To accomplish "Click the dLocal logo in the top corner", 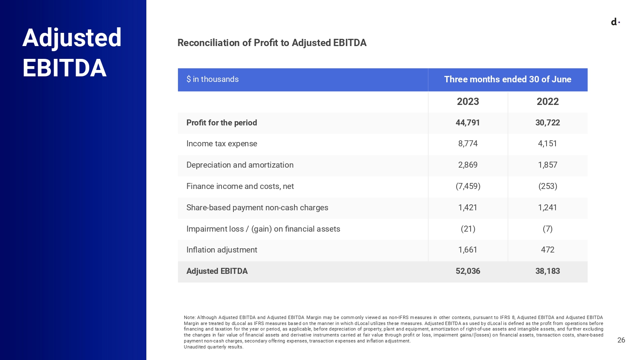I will click(x=615, y=22).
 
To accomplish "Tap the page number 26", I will click(x=621, y=340).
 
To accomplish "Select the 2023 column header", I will click(x=468, y=102).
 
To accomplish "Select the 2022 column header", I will click(x=547, y=102).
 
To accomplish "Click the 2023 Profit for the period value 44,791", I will click(x=468, y=123).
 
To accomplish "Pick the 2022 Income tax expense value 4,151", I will click(x=547, y=144).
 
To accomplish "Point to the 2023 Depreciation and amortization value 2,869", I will click(x=468, y=165).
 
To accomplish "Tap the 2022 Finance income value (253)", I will click(x=547, y=186).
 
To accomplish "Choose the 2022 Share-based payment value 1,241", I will click(x=547, y=208).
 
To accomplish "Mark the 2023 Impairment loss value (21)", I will click(x=468, y=229).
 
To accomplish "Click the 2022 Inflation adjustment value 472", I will click(x=547, y=250).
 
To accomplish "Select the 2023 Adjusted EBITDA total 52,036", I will click(x=468, y=271).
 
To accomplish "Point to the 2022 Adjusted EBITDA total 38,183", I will click(x=547, y=271).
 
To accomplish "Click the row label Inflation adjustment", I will click(x=221, y=250).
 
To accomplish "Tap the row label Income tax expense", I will click(x=221, y=144).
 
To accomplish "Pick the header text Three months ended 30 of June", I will click(x=507, y=79).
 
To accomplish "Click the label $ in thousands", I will click(x=212, y=79).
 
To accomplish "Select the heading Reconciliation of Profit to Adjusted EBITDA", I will click(x=272, y=43).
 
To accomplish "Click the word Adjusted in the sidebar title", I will click(x=72, y=38).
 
